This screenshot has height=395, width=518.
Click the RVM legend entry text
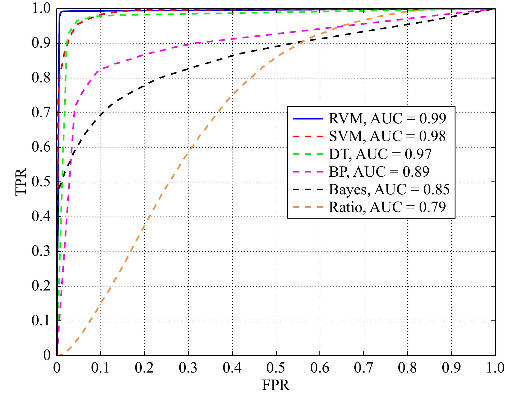coord(387,119)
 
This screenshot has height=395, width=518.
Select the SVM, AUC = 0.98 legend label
coord(387,136)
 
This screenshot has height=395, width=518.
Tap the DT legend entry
coord(380,154)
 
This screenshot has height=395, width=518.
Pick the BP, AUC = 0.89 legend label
coord(379,172)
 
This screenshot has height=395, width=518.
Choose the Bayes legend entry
coord(389,189)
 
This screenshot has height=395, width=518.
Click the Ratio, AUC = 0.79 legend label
coord(387,207)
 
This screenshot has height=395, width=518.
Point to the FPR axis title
coord(276,385)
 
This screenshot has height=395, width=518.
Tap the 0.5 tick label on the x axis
coord(276,368)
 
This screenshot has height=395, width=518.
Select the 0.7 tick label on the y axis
coord(41,113)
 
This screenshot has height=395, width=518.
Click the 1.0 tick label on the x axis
coord(495,368)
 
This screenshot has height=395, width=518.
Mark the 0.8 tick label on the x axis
coord(407,368)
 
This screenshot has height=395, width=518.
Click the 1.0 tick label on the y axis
coord(41,9)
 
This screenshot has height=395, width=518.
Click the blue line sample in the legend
coord(308,119)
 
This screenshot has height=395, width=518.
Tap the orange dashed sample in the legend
coord(308,207)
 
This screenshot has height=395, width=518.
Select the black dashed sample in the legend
coord(308,190)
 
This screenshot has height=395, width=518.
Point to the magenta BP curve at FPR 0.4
coord(232,39)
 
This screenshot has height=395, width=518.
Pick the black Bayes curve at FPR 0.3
coord(188,69)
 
